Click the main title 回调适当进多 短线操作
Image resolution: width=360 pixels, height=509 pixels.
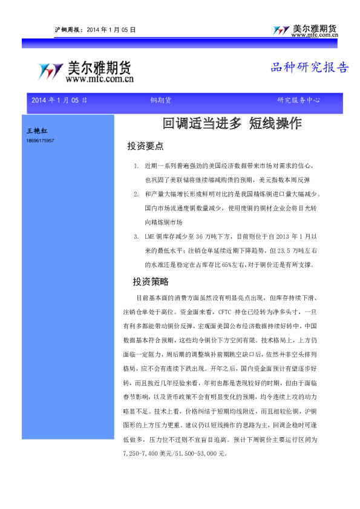232,124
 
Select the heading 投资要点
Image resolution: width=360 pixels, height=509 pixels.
145,146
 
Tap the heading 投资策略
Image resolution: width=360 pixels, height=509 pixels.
151,282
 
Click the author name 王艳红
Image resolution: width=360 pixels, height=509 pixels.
38,131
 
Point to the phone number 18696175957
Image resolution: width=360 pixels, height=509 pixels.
41,140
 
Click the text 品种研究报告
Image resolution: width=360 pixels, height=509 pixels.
309,68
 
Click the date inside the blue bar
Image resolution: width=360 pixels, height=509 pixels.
59,100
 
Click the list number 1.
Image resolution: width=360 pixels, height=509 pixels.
136,165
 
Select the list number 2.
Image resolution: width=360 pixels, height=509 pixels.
136,194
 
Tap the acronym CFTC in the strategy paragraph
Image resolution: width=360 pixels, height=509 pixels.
225,313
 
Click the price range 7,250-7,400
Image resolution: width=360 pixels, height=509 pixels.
140,453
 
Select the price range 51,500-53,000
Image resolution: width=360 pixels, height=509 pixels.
196,453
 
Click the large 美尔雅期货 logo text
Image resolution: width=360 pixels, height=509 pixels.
100,68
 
